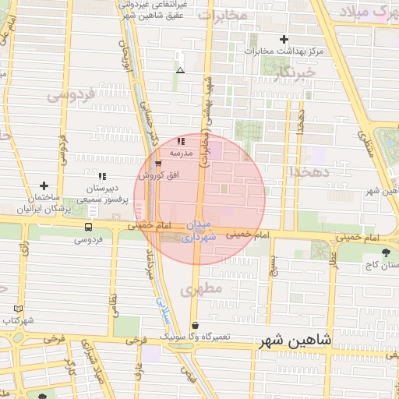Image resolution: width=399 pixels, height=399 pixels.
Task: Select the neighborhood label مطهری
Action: coord(201,290)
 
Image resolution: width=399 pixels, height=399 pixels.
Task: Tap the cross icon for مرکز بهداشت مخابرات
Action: coord(284,39)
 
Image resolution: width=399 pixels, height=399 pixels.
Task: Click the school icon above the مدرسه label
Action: coord(182,142)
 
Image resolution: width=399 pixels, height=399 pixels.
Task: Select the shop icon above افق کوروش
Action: coord(159,164)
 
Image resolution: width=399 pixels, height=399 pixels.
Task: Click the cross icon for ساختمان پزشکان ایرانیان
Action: coord(44,185)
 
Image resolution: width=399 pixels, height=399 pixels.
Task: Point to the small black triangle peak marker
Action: coord(180,70)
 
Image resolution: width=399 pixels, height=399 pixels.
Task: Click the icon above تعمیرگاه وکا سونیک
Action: coord(194,325)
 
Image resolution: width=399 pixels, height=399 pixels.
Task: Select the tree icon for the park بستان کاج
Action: coord(387,252)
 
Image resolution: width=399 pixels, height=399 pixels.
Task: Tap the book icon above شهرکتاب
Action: coord(7,309)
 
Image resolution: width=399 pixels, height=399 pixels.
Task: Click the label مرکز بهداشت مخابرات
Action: coord(283,51)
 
